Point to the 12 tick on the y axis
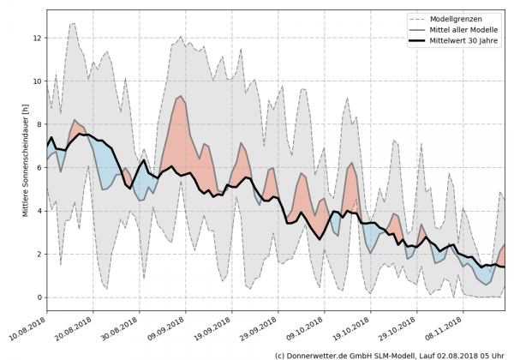pyautogui.click(x=37, y=38)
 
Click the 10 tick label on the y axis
pyautogui.click(x=37, y=81)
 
